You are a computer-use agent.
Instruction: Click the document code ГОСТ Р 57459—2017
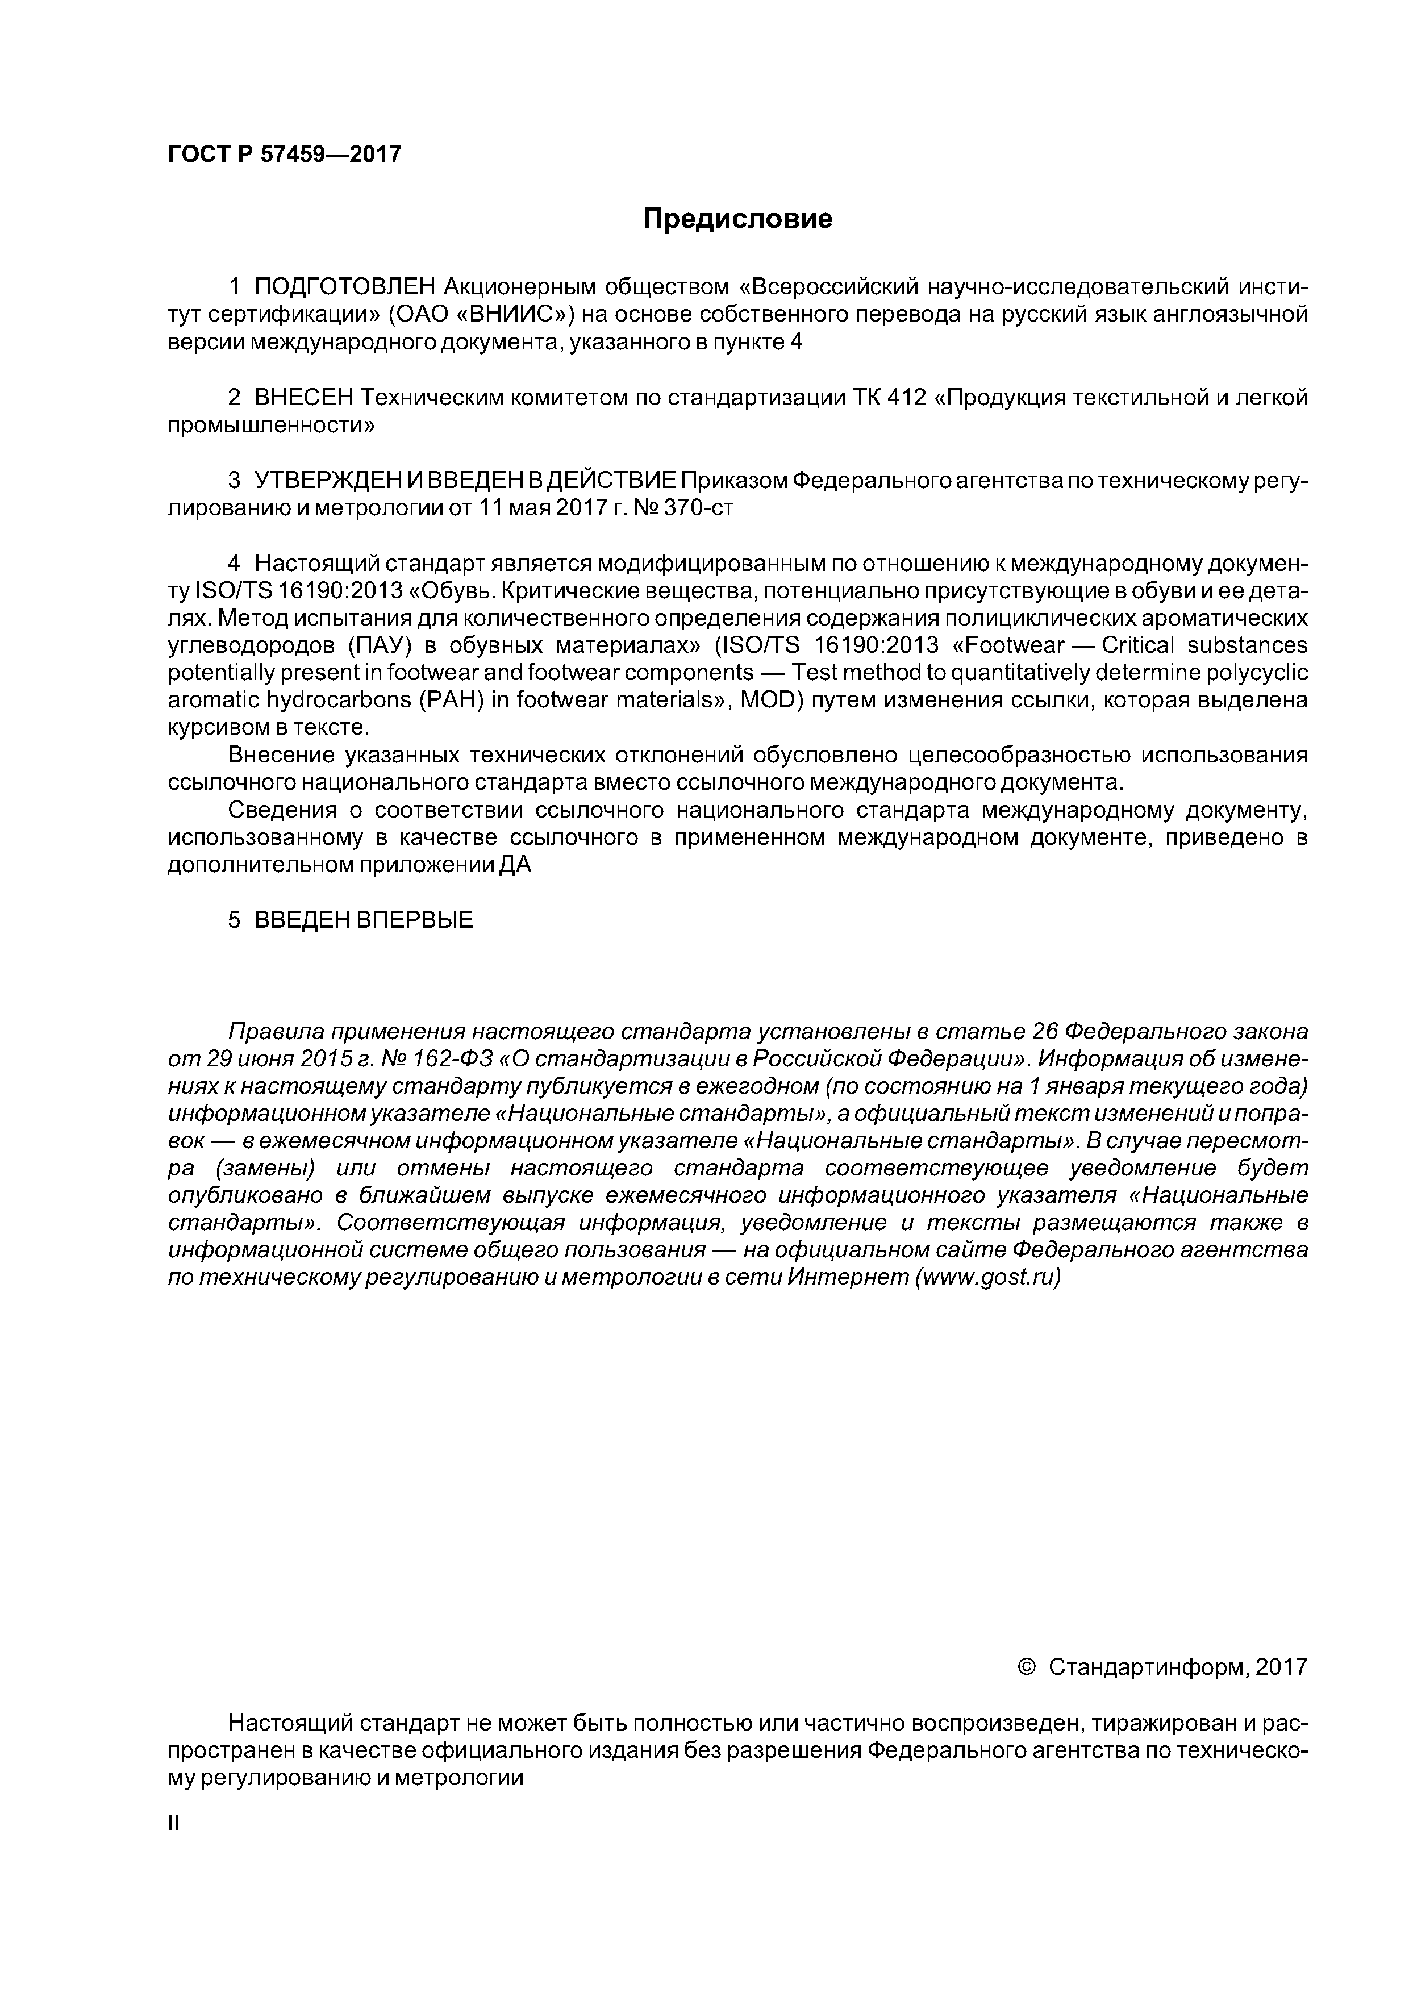(x=285, y=155)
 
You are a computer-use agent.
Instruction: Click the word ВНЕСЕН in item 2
(x=304, y=398)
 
